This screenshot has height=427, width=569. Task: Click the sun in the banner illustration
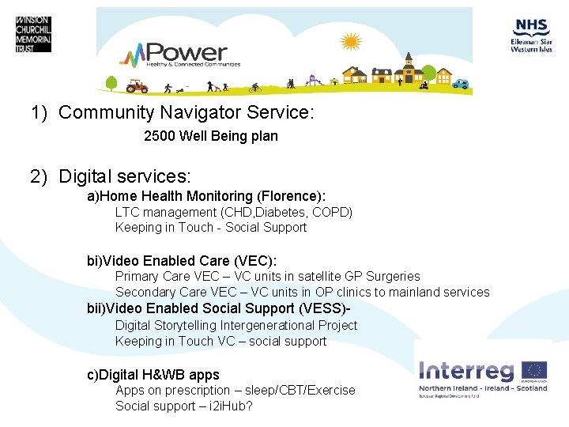click(349, 40)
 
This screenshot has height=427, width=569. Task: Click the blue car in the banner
click(460, 84)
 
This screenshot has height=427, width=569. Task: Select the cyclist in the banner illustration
click(254, 87)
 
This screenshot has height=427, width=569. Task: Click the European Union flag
click(534, 370)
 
